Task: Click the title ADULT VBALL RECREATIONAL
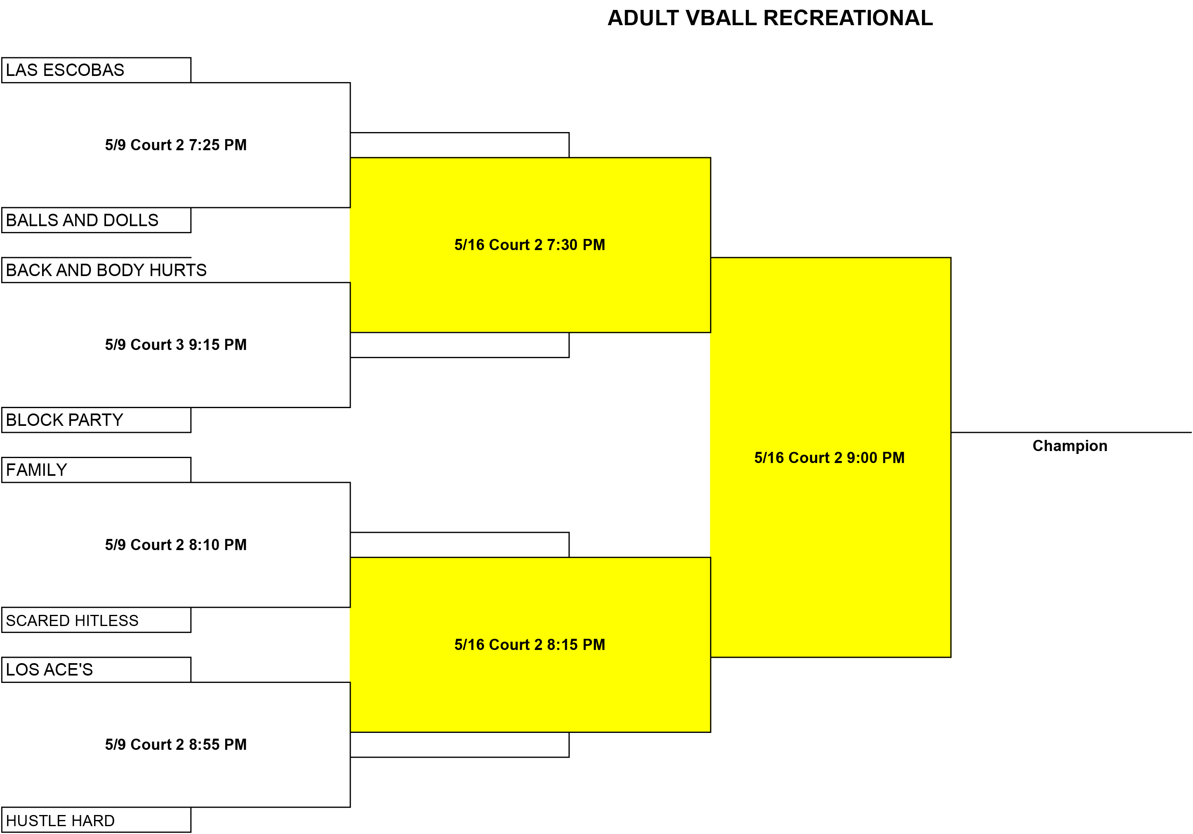tap(770, 18)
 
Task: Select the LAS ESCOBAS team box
tap(96, 70)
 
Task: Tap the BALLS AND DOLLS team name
tap(82, 220)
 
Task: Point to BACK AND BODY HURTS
tap(106, 270)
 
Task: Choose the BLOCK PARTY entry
tap(64, 420)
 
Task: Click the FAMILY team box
tap(96, 470)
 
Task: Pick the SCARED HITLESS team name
tap(72, 620)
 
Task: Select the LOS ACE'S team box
tap(96, 670)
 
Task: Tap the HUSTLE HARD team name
tap(60, 820)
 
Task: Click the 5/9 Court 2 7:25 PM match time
tap(176, 145)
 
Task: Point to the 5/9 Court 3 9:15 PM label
tap(176, 345)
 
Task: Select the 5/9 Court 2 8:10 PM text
tap(176, 545)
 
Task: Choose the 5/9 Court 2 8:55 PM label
tap(176, 744)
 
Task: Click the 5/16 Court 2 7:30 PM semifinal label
tap(530, 245)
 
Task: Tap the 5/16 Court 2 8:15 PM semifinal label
tap(530, 644)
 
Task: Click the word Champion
tap(1070, 446)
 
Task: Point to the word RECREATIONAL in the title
tap(848, 18)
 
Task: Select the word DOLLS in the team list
tap(131, 220)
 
